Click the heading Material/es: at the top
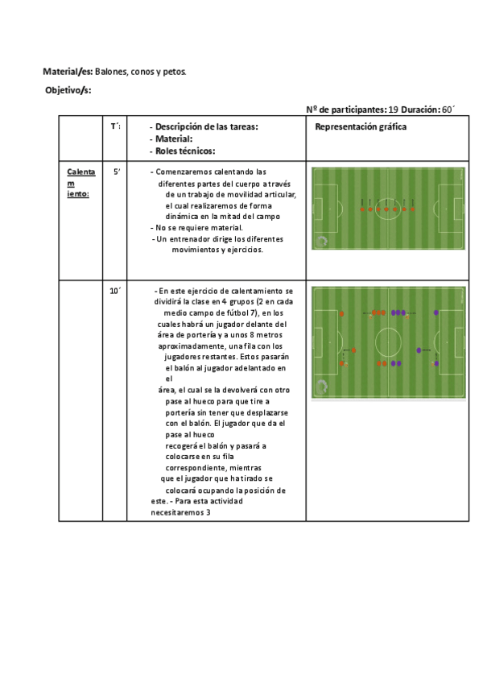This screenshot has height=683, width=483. pos(68,72)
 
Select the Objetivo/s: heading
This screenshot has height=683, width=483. pos(68,89)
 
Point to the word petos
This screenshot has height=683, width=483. pos(173,72)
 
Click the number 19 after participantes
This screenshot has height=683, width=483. pos(392,110)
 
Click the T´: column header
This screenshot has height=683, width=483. pos(116,126)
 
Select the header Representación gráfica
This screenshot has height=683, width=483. pos(360,127)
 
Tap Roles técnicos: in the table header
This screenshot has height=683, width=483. pos(186,151)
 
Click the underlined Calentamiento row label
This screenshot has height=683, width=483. pos(80,183)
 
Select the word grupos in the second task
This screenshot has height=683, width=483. pos(237,302)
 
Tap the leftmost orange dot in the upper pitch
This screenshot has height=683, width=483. pos(362,209)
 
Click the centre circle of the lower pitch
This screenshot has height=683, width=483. pos(389,337)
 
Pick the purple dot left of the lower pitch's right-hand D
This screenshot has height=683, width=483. pos(419,350)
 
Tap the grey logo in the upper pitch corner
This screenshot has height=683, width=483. pos(322,241)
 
